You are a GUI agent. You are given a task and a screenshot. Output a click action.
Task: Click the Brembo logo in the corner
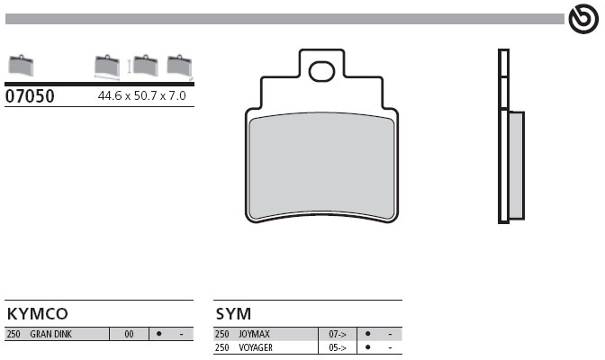pyautogui.click(x=583, y=19)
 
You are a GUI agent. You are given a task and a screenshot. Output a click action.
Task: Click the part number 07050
pyautogui.click(x=30, y=96)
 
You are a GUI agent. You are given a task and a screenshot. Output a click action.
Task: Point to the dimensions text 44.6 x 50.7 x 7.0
pyautogui.click(x=141, y=95)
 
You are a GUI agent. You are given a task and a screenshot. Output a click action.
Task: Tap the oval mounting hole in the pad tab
pyautogui.click(x=321, y=72)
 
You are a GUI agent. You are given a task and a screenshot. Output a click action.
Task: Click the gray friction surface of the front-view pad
pyautogui.click(x=321, y=166)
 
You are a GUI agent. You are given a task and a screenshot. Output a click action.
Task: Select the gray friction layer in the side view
pyautogui.click(x=516, y=166)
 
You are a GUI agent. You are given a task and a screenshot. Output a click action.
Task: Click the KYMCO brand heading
pyautogui.click(x=38, y=314)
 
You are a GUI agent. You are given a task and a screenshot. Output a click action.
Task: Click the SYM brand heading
pyautogui.click(x=233, y=314)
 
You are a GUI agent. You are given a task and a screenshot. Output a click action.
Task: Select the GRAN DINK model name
pyautogui.click(x=51, y=334)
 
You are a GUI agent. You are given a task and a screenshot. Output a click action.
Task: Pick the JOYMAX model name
pyautogui.click(x=254, y=334)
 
